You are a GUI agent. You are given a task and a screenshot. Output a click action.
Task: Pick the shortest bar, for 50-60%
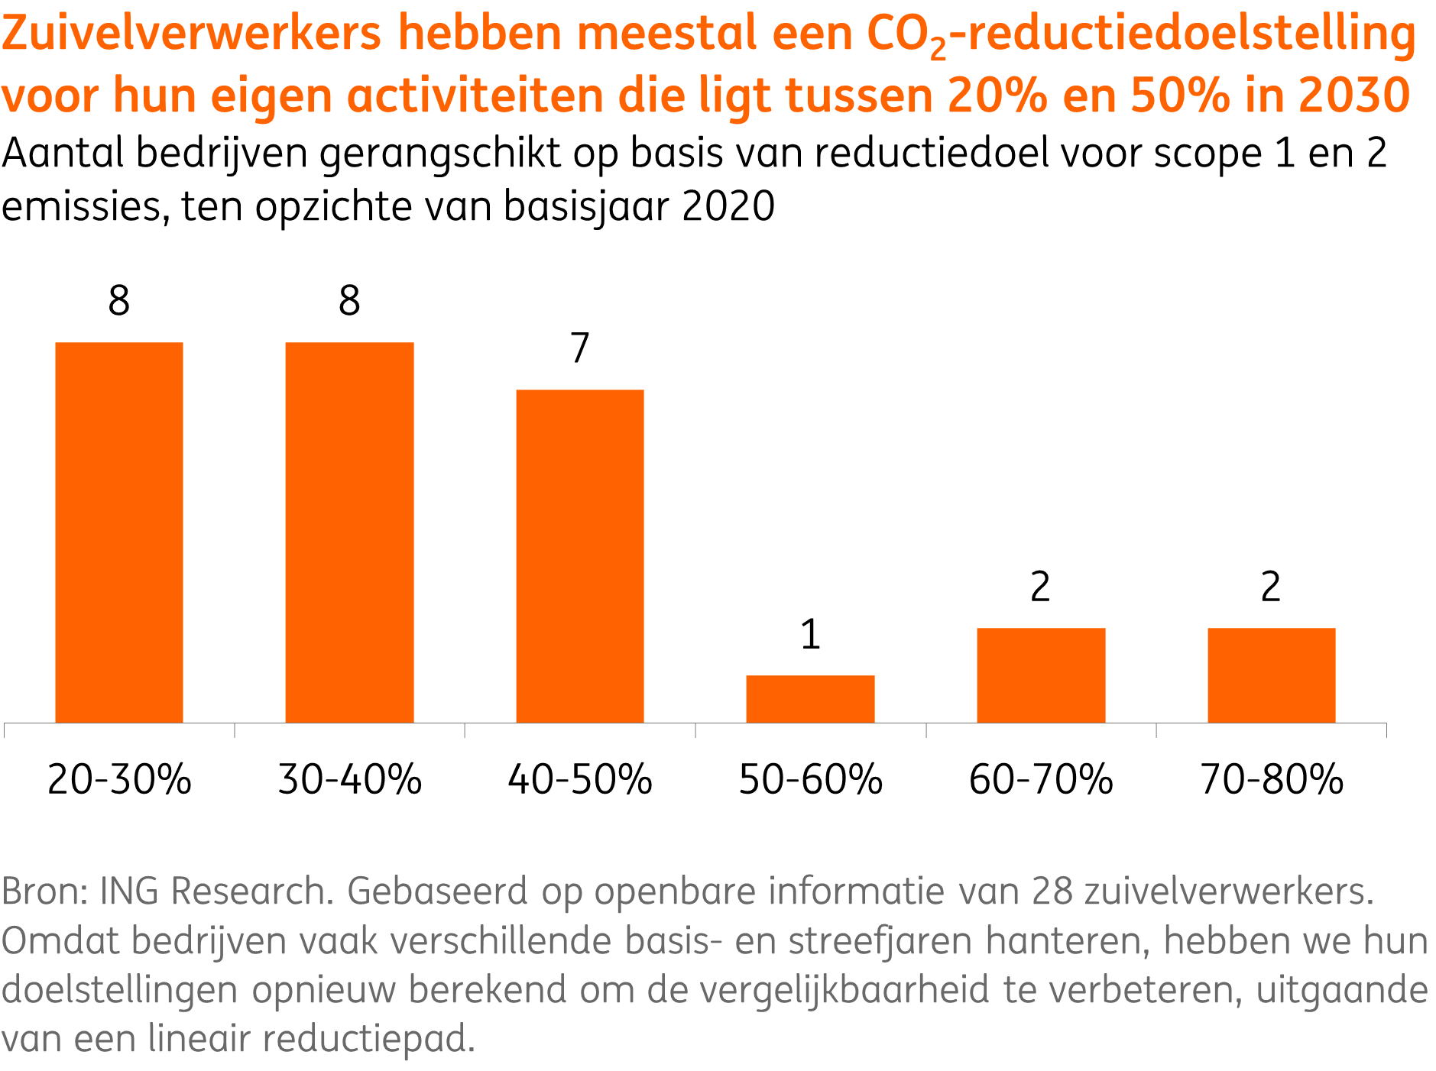point(810,698)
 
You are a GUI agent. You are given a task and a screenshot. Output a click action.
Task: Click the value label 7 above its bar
point(580,348)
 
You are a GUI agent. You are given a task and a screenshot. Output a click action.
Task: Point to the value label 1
point(810,635)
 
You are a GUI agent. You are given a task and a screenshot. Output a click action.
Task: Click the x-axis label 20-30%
point(119,780)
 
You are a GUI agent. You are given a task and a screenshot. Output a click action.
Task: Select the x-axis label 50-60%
point(810,780)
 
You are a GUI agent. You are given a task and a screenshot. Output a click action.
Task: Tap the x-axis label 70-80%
point(1271,780)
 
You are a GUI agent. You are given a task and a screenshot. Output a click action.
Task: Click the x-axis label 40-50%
point(580,780)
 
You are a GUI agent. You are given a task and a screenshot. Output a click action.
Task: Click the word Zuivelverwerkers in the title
point(191,34)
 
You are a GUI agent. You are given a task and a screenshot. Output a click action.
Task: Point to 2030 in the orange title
point(1353,96)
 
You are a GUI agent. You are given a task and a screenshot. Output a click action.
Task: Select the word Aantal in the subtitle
point(63,154)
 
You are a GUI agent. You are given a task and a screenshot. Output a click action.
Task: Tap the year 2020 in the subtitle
point(728,206)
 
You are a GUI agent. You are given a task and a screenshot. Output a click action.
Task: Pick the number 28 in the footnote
point(1052,891)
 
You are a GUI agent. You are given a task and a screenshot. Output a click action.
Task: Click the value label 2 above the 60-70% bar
point(1040,587)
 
